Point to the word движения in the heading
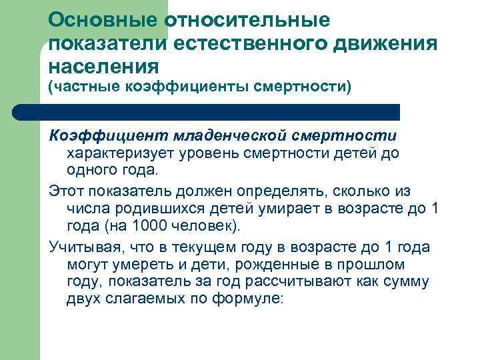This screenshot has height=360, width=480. click(x=393, y=43)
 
